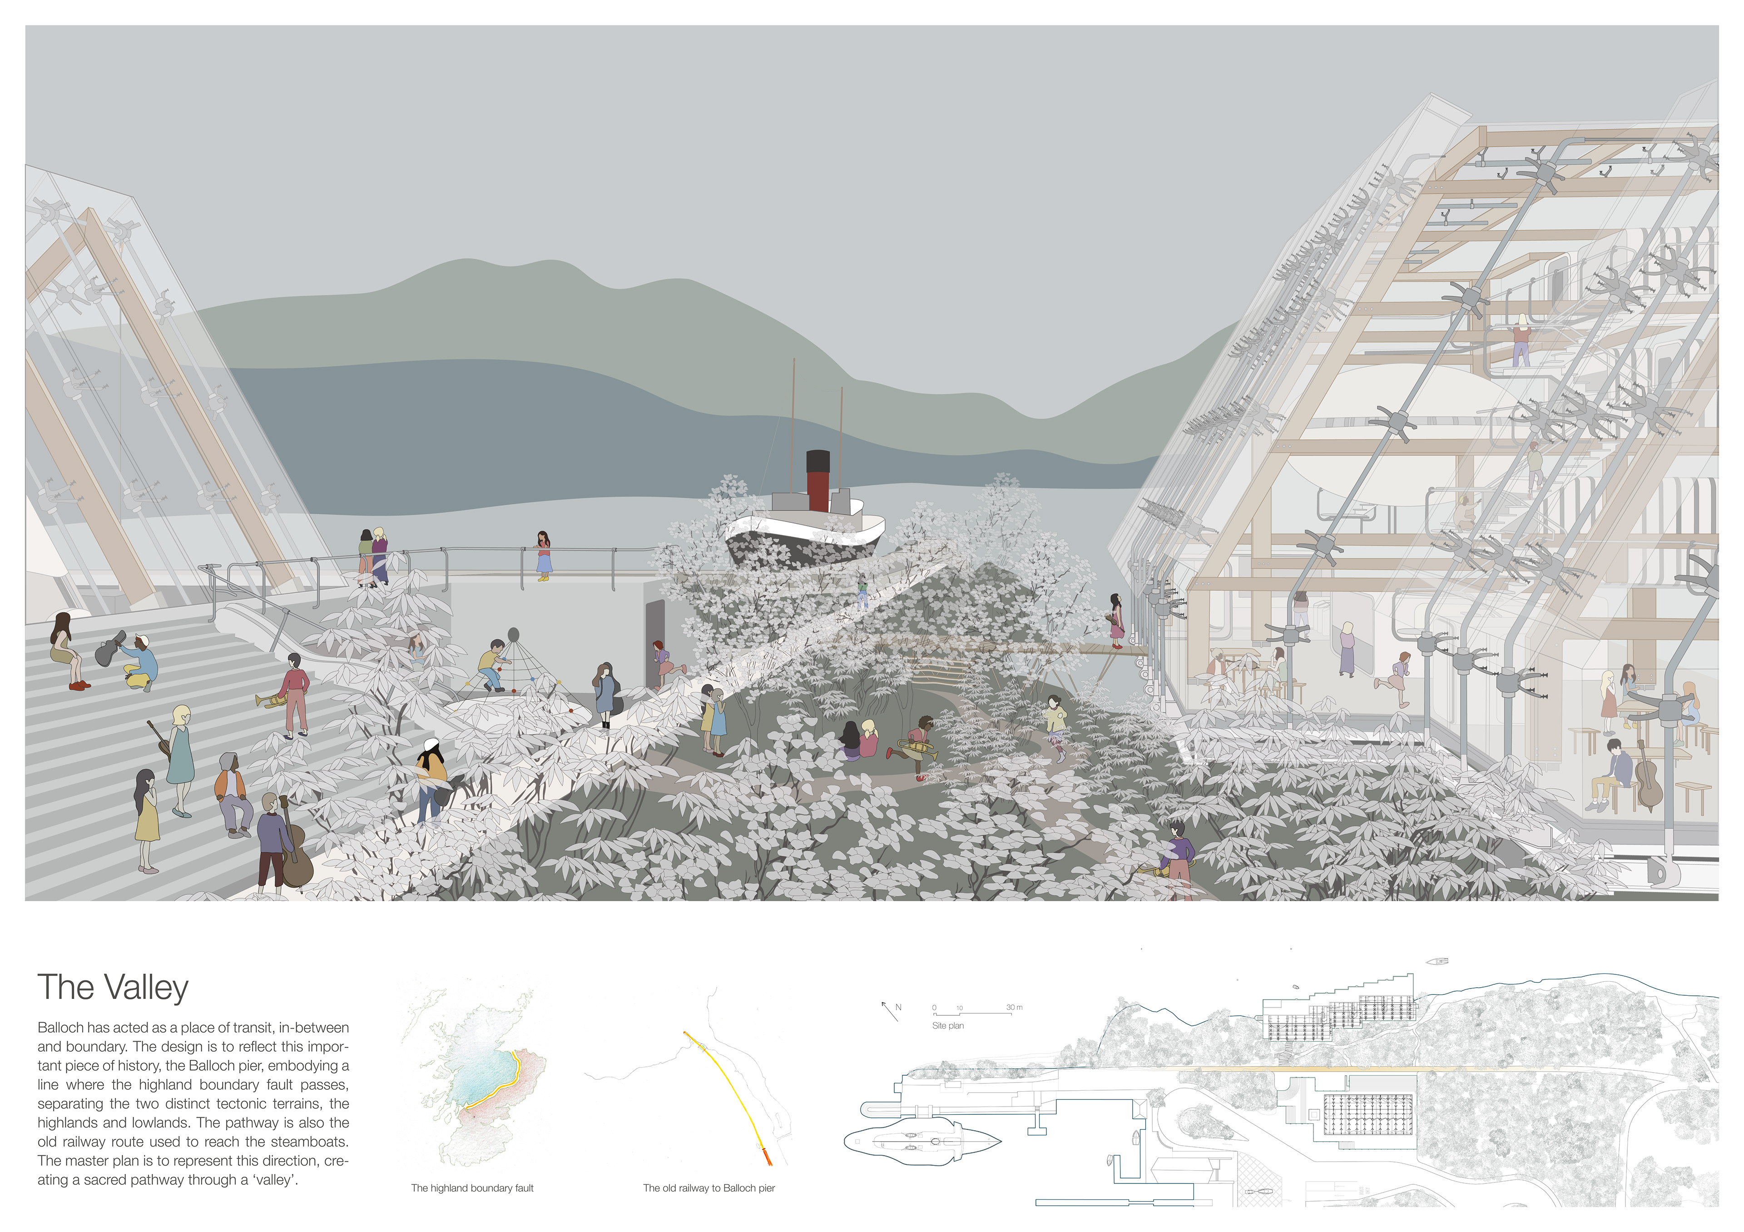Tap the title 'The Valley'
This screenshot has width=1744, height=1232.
pos(113,988)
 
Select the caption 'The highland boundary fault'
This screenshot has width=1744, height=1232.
pos(472,1188)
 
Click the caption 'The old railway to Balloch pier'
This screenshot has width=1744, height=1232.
pos(708,1188)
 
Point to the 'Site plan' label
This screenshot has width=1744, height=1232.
pos(948,1025)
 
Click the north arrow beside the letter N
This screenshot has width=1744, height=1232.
pos(889,1011)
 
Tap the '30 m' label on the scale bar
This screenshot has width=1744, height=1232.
pos(1014,1007)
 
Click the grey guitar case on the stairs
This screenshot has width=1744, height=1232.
pos(110,648)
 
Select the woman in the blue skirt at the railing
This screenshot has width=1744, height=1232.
pos(543,556)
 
